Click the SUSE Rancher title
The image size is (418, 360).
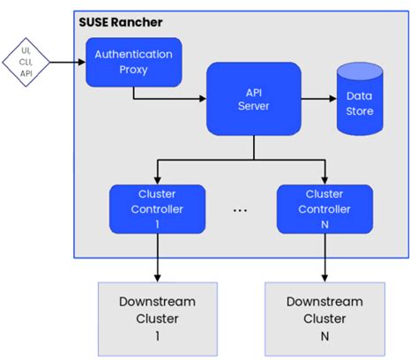point(121,22)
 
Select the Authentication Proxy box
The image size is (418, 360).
point(134,63)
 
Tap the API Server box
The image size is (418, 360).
point(254,99)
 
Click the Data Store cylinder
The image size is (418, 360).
point(360,99)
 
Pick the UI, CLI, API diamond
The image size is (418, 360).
point(26,62)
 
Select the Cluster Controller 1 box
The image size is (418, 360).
point(157,209)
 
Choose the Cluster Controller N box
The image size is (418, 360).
point(325,209)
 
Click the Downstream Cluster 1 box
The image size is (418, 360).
point(158,319)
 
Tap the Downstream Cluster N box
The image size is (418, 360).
point(325,319)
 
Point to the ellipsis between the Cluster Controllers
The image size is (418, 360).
point(240,211)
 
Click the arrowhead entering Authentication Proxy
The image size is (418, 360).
point(82,62)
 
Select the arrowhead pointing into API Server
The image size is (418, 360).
point(203,99)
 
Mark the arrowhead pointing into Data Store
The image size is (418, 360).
point(333,99)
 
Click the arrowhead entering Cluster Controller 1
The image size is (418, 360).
point(158,181)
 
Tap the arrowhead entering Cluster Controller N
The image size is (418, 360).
point(325,181)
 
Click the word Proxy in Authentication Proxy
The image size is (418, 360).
point(133,70)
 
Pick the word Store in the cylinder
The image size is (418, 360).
point(360,111)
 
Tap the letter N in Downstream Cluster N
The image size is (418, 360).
point(325,336)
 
